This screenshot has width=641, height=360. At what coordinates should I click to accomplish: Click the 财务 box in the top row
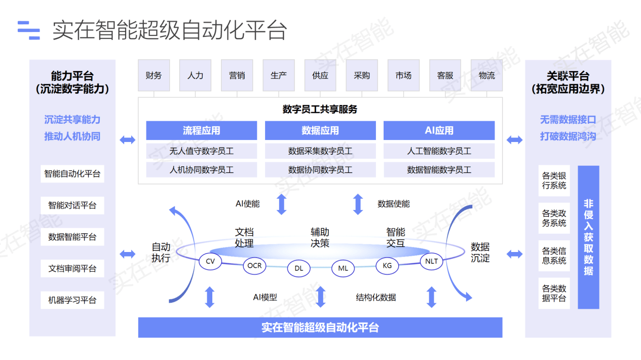click(154, 76)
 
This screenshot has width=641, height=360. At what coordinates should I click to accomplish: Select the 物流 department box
click(486, 76)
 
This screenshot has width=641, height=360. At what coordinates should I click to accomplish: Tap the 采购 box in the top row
click(362, 76)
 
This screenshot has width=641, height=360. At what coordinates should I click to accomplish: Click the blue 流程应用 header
click(201, 130)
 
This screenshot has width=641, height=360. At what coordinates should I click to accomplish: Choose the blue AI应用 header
click(439, 130)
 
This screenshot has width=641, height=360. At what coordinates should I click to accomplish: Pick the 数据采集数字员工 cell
click(320, 151)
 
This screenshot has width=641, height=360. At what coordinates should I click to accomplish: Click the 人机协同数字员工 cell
click(201, 170)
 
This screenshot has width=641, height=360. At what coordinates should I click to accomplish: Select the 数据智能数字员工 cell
click(439, 170)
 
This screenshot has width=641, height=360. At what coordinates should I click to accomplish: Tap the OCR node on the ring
click(255, 265)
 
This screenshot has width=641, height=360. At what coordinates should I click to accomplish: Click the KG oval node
click(387, 265)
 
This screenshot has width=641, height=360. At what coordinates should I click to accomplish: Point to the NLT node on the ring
click(431, 262)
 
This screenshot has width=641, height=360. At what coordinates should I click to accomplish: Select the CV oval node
click(210, 262)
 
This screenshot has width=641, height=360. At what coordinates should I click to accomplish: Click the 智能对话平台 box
click(72, 205)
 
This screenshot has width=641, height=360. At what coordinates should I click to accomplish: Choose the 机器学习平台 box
click(72, 300)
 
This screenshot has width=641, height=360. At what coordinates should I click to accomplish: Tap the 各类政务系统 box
click(554, 219)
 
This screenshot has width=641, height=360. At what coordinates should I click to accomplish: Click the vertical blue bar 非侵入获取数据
click(588, 237)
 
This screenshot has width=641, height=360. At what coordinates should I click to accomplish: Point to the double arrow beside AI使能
click(281, 204)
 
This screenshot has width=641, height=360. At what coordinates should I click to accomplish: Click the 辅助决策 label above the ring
click(320, 237)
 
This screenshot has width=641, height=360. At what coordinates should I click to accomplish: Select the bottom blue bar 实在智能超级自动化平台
click(320, 328)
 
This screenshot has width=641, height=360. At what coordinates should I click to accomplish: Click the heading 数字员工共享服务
click(320, 109)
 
